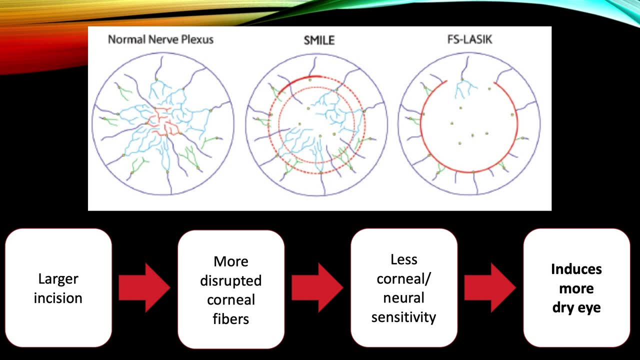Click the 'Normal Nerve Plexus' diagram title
coord(160,39)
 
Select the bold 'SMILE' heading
coord(319,40)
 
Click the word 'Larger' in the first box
coord(58,278)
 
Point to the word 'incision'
coord(58,298)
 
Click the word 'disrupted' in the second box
coord(231,280)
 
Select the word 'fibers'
coord(231,318)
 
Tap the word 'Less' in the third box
coord(404,259)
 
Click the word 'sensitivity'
coord(404,316)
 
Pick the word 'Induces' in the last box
coord(576,269)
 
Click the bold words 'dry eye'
coord(576,307)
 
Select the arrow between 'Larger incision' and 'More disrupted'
coord(144,288)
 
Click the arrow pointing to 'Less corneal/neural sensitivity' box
coord(317,288)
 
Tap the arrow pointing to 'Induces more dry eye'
coord(489,288)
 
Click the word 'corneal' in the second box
coord(231,299)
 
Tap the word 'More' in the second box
coord(231,261)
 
